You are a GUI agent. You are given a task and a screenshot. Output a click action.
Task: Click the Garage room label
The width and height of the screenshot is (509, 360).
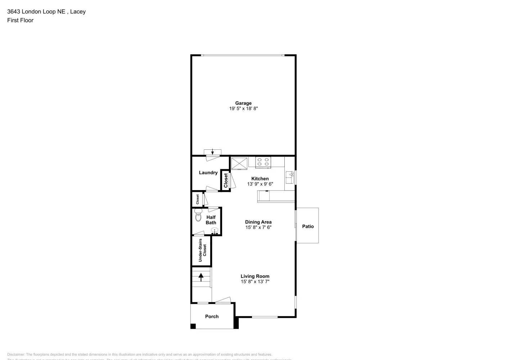(x=243, y=103)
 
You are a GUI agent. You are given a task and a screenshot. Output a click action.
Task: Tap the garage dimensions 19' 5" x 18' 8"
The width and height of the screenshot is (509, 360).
(x=243, y=108)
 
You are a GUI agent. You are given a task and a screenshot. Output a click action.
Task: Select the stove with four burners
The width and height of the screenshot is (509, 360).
(x=263, y=162)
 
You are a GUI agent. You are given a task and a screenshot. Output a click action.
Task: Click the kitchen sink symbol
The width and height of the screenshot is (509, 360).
(x=290, y=177)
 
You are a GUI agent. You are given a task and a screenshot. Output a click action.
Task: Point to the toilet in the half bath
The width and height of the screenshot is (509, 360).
(x=198, y=216)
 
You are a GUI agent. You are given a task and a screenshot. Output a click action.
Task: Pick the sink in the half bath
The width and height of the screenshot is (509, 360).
(x=215, y=231)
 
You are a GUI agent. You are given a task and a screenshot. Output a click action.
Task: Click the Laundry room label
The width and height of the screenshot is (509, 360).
(x=208, y=173)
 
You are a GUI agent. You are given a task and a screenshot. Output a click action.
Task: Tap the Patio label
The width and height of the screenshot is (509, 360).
(x=308, y=226)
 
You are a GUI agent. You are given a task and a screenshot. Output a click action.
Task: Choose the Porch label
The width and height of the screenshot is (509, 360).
(x=212, y=316)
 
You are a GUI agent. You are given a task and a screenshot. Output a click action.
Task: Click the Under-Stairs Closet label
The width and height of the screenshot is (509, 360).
(x=202, y=250)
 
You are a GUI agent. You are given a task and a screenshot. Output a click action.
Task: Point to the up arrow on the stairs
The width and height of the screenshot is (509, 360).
(x=201, y=277)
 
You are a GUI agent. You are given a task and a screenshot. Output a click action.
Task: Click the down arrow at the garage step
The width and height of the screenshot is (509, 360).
(x=212, y=152)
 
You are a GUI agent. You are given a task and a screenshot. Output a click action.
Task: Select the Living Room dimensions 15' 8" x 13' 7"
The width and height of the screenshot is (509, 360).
(x=255, y=282)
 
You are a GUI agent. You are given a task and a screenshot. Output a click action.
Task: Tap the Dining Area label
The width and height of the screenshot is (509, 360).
(x=258, y=222)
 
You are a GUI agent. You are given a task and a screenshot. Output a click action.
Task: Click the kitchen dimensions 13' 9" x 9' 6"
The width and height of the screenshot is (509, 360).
(x=260, y=184)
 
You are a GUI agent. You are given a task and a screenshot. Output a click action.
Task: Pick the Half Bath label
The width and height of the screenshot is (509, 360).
(x=211, y=220)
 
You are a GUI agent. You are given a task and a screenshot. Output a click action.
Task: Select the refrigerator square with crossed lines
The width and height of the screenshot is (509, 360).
(x=239, y=163)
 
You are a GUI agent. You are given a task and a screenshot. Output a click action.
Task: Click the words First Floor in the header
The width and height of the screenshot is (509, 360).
(x=20, y=21)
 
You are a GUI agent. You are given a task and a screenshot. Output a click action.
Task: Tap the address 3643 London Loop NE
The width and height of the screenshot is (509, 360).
(x=36, y=12)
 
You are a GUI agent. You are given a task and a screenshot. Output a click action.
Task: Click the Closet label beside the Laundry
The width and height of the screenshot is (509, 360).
(x=226, y=180)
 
